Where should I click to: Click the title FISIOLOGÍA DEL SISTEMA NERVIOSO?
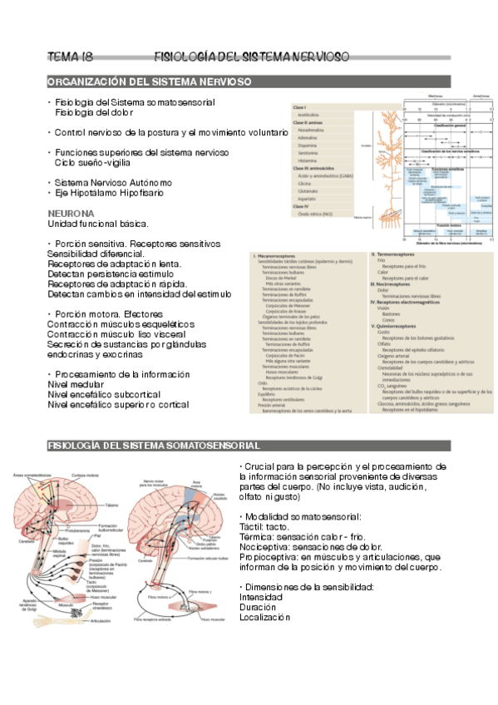point(252,57)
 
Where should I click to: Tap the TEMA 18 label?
point(70,57)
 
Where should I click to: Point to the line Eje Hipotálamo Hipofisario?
point(116,193)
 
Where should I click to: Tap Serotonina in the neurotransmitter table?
point(310,153)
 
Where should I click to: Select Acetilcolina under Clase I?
point(312,116)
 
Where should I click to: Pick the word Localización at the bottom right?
point(264,617)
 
